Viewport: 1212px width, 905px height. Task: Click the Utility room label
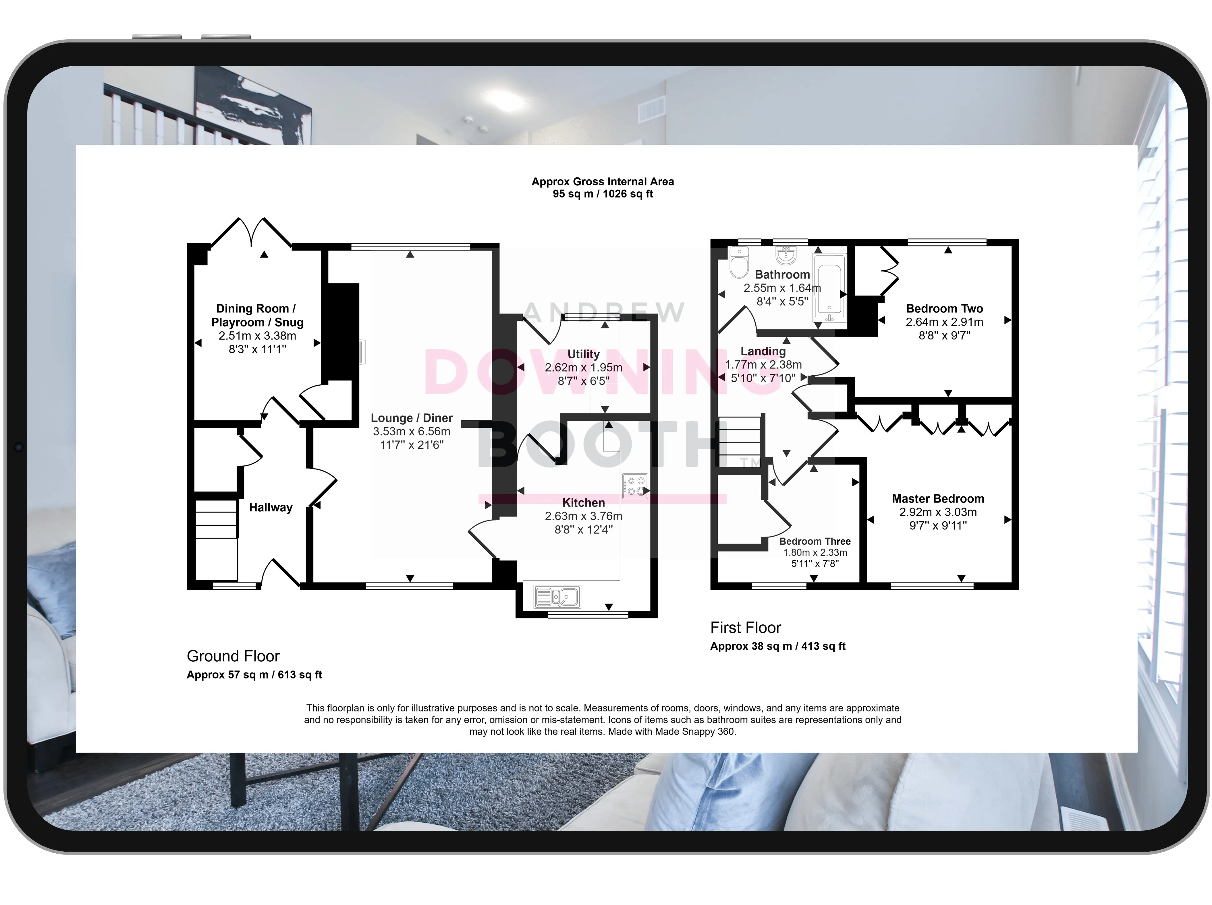click(584, 354)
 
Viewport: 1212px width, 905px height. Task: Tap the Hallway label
click(271, 508)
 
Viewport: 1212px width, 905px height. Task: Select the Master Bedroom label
click(938, 499)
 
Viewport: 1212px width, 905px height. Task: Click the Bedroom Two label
click(945, 309)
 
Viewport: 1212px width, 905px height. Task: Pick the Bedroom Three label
click(815, 541)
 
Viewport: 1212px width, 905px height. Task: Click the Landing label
click(763, 351)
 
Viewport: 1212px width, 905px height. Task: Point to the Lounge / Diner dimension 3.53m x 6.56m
click(412, 432)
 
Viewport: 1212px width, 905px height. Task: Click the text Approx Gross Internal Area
click(603, 182)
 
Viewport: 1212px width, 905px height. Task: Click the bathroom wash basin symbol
click(786, 254)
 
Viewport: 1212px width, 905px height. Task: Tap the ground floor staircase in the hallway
click(217, 539)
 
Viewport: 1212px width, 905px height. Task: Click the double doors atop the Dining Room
click(252, 233)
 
